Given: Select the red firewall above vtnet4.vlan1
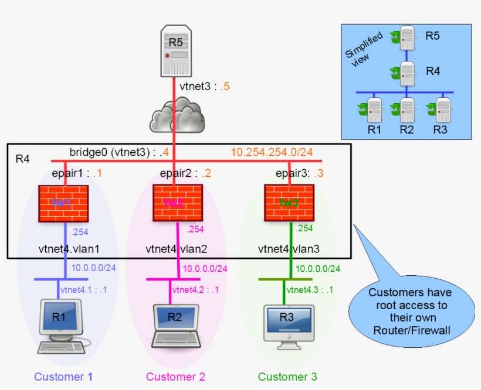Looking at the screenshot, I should pyautogui.click(x=63, y=203).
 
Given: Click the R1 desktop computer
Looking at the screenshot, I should pyautogui.click(x=62, y=326).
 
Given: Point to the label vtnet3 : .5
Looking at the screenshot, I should pyautogui.click(x=205, y=87).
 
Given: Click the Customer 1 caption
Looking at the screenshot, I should pyautogui.click(x=63, y=376).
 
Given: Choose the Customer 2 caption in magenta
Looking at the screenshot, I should pyautogui.click(x=175, y=376).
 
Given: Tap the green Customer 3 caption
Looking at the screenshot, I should pyautogui.click(x=287, y=376).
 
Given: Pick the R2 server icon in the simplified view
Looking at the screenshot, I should pyautogui.click(x=405, y=108).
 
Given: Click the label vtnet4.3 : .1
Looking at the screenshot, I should pyautogui.click(x=311, y=289).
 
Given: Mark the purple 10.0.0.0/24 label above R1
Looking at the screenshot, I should pyautogui.click(x=94, y=268).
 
